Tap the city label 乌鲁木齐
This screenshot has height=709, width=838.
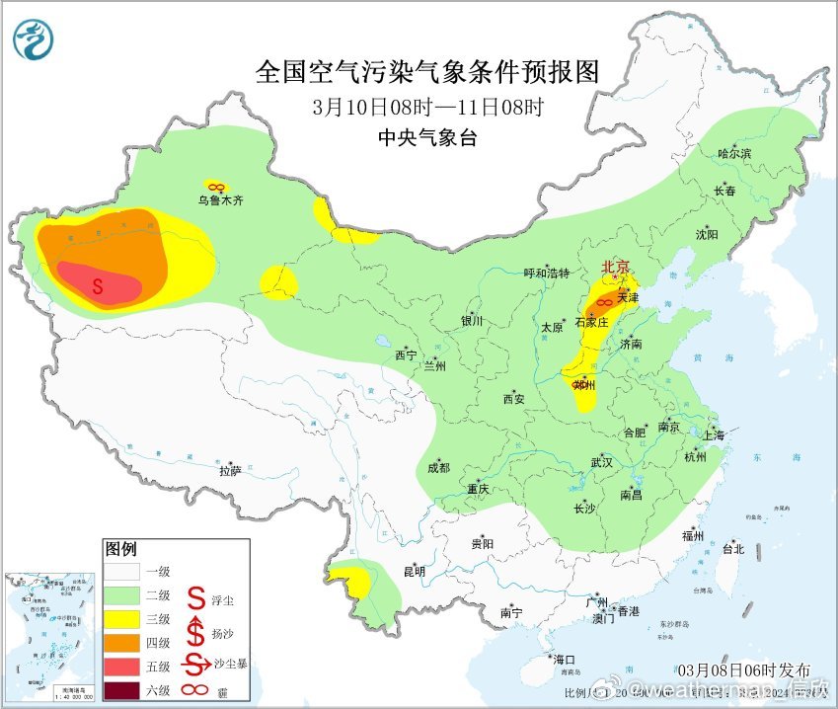219,199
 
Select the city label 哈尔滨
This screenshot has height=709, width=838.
734,154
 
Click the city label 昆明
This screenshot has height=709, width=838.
414,571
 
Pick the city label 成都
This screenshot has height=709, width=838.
438,467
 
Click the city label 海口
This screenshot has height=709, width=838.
564,659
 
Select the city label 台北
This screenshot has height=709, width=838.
732,549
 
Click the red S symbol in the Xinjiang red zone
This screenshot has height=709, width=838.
98,286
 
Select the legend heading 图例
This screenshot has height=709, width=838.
121,548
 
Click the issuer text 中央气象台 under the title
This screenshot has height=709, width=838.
427,138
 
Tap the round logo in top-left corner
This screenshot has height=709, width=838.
35,39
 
